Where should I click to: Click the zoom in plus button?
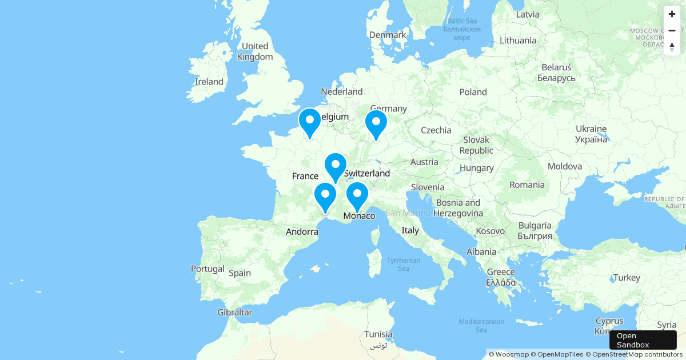pyautogui.click(x=672, y=14)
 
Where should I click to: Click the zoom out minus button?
pyautogui.click(x=672, y=30)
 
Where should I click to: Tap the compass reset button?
pyautogui.click(x=672, y=47)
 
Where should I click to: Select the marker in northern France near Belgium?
pyautogui.click(x=310, y=122)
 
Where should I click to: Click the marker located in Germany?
pyautogui.click(x=376, y=124)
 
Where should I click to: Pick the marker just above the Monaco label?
pyautogui.click(x=357, y=196)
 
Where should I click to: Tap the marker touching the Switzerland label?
pyautogui.click(x=336, y=167)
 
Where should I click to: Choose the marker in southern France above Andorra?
pyautogui.click(x=325, y=197)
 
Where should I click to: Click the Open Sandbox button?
pyautogui.click(x=643, y=340)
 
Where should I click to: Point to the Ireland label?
pyautogui.click(x=209, y=82)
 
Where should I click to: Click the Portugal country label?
pyautogui.click(x=208, y=269)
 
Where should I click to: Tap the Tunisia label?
pyautogui.click(x=378, y=334)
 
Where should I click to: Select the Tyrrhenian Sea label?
pyautogui.click(x=404, y=264)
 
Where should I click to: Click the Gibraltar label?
pyautogui.click(x=234, y=313)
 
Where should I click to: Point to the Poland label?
pyautogui.click(x=473, y=92)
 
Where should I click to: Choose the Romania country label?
pyautogui.click(x=527, y=185)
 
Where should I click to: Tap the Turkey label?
pyautogui.click(x=627, y=278)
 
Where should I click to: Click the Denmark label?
pyautogui.click(x=388, y=35)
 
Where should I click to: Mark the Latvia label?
pyautogui.click(x=527, y=14)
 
